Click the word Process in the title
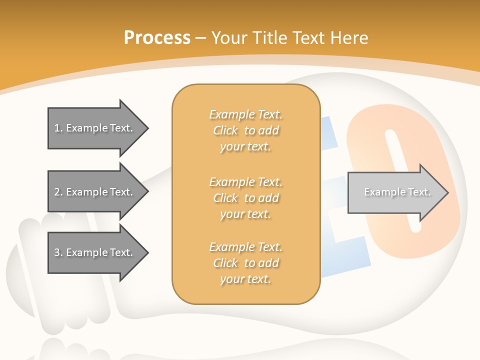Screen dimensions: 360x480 coord(157,37)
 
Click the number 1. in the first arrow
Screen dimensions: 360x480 coord(58,128)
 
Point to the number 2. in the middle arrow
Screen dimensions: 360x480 coord(58,192)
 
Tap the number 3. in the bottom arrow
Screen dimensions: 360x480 coord(58,253)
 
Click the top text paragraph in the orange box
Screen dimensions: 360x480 coord(246,130)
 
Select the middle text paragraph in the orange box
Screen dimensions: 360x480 coord(246,198)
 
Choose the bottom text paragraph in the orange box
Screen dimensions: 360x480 coord(246,263)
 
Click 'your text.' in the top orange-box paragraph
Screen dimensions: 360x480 coord(245,147)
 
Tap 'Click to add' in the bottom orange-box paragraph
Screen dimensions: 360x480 coord(246,263)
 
